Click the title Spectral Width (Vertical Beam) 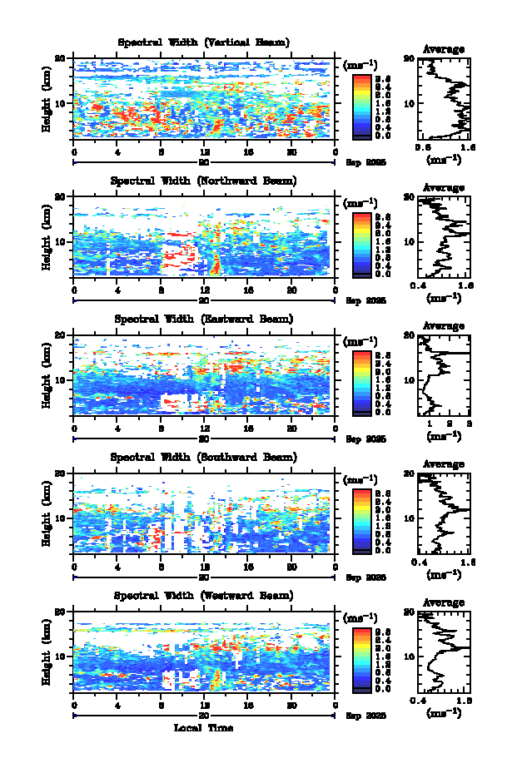(204, 42)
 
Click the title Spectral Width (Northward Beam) (204, 181)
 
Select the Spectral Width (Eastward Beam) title (204, 319)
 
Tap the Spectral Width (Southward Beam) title (204, 457)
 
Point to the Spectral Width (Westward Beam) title (204, 596)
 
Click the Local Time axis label (203, 728)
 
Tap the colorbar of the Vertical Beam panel (361, 104)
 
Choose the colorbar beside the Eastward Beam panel (361, 381)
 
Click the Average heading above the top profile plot (444, 50)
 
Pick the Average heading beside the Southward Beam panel (444, 464)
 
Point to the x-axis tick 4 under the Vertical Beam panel (117, 152)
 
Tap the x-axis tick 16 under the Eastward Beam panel (248, 429)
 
